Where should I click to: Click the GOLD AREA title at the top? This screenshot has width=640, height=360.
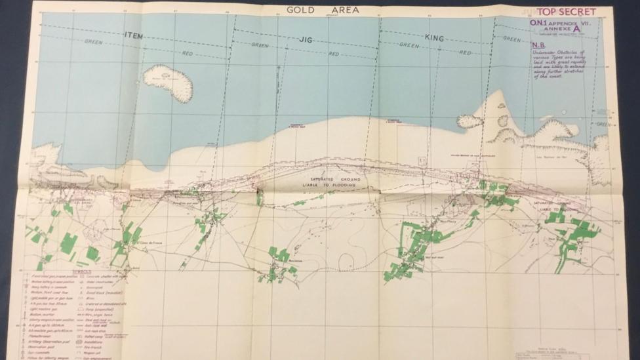pos(321,10)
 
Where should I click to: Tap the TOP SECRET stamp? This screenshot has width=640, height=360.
pos(566,12)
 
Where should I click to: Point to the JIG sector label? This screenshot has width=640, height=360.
pos(305,39)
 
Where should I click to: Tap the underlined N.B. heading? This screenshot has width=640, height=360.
pos(537,46)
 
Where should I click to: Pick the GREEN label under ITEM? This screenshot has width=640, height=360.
pos(94,41)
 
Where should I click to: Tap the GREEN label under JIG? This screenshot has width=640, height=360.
pos(260,46)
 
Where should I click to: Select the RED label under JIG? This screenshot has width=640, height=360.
pos(334,54)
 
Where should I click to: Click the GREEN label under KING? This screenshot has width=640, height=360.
pos(409,45)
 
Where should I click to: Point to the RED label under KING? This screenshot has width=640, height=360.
pos(465,52)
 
